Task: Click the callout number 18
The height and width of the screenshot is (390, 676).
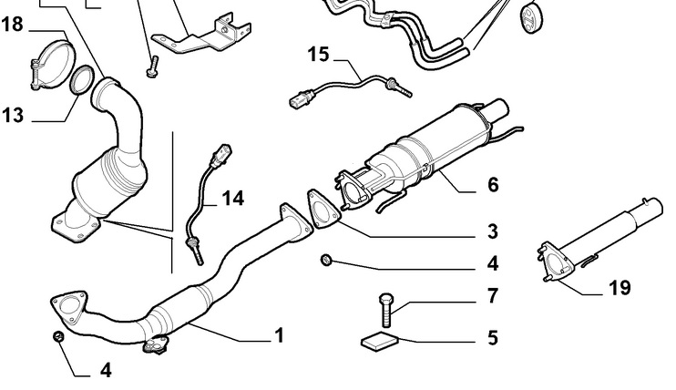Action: point(13,25)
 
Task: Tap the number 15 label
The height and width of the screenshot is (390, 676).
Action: point(317,55)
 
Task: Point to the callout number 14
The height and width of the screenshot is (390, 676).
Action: point(232,198)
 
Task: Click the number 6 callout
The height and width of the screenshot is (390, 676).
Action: point(492,184)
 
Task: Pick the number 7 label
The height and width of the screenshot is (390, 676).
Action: point(492,296)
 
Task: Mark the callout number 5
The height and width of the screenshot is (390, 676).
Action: point(492,338)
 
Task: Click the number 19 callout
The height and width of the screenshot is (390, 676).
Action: point(620,290)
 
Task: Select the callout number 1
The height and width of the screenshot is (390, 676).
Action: point(280,335)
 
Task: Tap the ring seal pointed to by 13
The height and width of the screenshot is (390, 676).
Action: point(82,80)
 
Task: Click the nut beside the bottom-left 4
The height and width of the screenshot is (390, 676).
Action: point(56,339)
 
